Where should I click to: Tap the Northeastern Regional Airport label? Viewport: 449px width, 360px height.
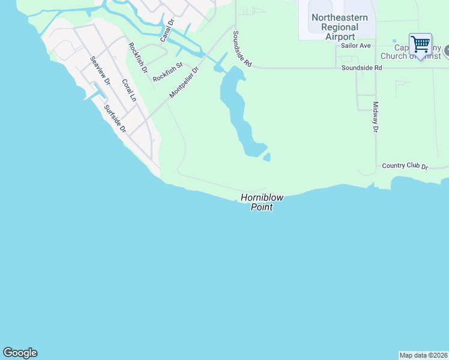(x=340, y=27)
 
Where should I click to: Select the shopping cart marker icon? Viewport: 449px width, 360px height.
(x=420, y=43)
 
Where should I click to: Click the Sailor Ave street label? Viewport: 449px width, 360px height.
(x=356, y=46)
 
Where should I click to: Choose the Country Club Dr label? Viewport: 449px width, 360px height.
(x=404, y=166)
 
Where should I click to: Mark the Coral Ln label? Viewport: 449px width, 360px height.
(x=130, y=89)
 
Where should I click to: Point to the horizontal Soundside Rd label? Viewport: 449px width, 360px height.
(x=361, y=68)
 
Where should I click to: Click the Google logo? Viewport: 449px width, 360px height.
(x=20, y=353)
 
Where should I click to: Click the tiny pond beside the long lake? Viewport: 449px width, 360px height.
(x=267, y=157)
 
